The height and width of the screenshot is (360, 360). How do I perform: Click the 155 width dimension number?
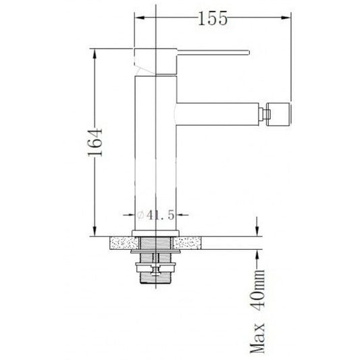point(212,18)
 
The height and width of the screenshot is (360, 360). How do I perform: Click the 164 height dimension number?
point(95,143)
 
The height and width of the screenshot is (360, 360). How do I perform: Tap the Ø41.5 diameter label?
point(155,215)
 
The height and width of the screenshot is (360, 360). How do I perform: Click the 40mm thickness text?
point(258,290)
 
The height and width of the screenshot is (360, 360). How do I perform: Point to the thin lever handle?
point(213,53)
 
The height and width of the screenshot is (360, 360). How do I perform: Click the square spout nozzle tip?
point(279,114)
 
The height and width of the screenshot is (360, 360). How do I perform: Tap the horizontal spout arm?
point(217,114)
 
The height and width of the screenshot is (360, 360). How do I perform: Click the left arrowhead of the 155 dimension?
point(140,18)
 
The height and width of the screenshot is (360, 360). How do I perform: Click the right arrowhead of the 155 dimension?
point(286,18)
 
